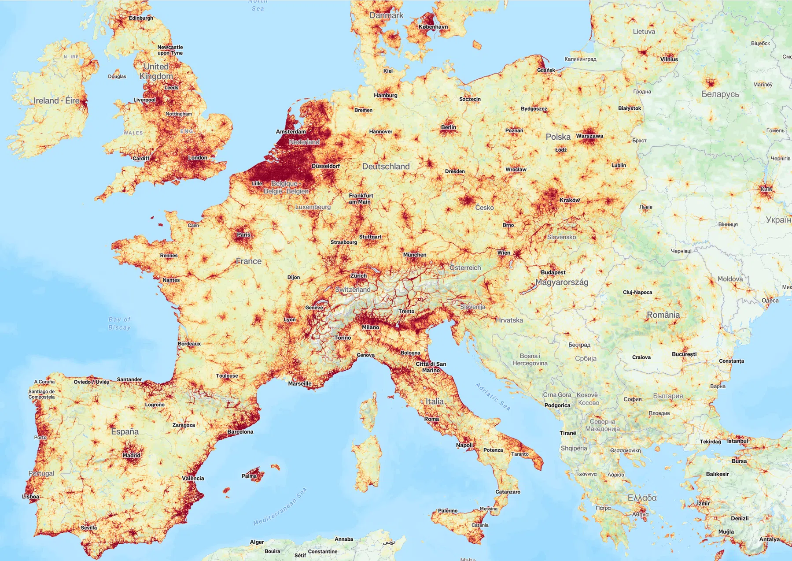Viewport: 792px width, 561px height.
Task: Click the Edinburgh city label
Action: point(141,18)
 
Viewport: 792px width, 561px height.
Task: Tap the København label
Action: point(433,27)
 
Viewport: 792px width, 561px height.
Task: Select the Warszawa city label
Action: point(589,136)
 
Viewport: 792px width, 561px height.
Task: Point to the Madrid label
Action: point(131,455)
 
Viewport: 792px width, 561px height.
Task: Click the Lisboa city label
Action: point(31,497)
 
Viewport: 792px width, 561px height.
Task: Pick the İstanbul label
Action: point(737,441)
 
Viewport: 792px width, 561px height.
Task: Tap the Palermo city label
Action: point(448,511)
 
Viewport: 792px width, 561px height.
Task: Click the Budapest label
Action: point(553,272)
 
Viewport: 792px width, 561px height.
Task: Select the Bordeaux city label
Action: point(189,344)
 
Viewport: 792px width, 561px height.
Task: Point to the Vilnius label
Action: point(669,59)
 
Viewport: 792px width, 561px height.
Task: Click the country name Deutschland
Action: point(386,167)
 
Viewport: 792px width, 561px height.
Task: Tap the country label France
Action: point(249,261)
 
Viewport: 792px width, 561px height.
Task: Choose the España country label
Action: point(125,432)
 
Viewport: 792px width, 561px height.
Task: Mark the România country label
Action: point(663,315)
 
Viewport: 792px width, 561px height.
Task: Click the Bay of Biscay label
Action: point(120,323)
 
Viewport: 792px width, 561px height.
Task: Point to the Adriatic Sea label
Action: point(493,397)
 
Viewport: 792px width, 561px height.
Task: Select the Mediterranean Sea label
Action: point(280,507)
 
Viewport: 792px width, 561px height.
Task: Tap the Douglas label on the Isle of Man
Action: point(117,76)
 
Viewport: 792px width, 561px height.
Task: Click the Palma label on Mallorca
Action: point(249,476)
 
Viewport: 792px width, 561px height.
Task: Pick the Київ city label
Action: point(766,189)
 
